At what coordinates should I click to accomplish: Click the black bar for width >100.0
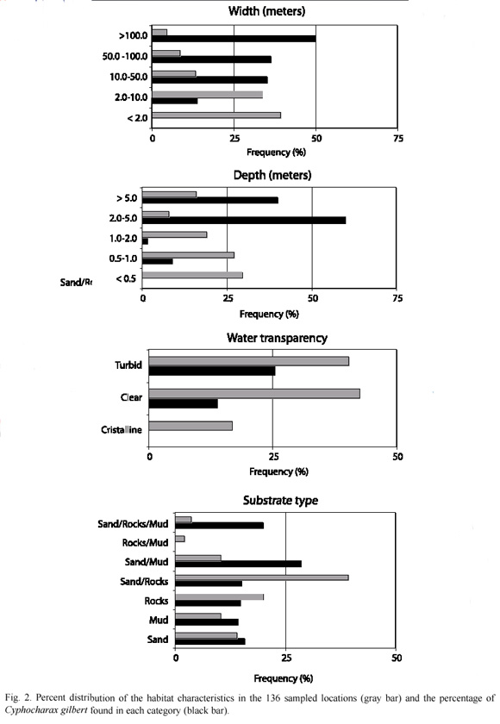point(234,39)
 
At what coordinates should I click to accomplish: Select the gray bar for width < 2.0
point(216,115)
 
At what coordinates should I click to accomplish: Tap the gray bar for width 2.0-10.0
point(207,95)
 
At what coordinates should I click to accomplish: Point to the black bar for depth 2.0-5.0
point(244,221)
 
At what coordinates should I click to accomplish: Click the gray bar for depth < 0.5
point(192,275)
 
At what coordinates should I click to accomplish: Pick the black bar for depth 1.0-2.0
point(145,241)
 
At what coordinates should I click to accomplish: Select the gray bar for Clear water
point(254,394)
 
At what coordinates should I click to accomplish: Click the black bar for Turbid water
point(212,371)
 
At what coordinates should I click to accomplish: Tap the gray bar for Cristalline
point(191,426)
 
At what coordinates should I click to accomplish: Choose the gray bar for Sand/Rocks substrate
point(262,577)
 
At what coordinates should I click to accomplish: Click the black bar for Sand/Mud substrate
point(238,564)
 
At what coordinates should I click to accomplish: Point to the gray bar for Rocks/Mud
point(180,539)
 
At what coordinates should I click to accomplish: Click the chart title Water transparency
point(277,338)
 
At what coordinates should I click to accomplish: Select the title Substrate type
point(281,501)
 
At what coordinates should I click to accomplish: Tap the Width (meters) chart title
point(267,11)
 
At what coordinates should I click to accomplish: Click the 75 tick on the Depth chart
point(397,298)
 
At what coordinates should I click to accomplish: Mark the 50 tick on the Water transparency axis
point(397,457)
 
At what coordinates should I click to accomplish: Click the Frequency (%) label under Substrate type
point(283,678)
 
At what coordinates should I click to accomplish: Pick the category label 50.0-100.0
point(125,56)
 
